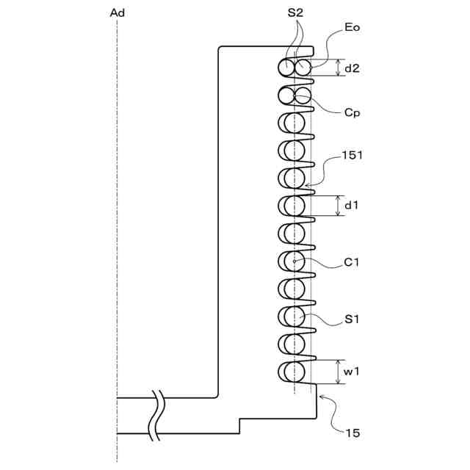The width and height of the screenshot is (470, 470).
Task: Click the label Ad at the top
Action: (x=117, y=12)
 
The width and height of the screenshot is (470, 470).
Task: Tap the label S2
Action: (x=295, y=12)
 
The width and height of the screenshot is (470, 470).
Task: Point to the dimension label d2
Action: (x=352, y=68)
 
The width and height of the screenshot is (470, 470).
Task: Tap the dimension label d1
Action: (x=352, y=206)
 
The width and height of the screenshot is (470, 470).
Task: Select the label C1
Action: (x=352, y=261)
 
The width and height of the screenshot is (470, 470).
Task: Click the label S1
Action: (x=352, y=319)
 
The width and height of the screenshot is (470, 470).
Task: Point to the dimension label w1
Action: (x=352, y=372)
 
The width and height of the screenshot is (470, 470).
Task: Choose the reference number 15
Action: (x=352, y=433)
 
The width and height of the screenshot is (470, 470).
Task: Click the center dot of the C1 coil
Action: (x=294, y=261)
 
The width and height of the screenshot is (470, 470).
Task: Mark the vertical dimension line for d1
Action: (x=338, y=206)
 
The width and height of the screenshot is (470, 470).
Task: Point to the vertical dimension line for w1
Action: (x=338, y=372)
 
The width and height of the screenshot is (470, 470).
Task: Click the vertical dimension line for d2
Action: (x=338, y=68)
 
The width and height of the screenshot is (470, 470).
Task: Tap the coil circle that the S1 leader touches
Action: (x=294, y=316)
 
